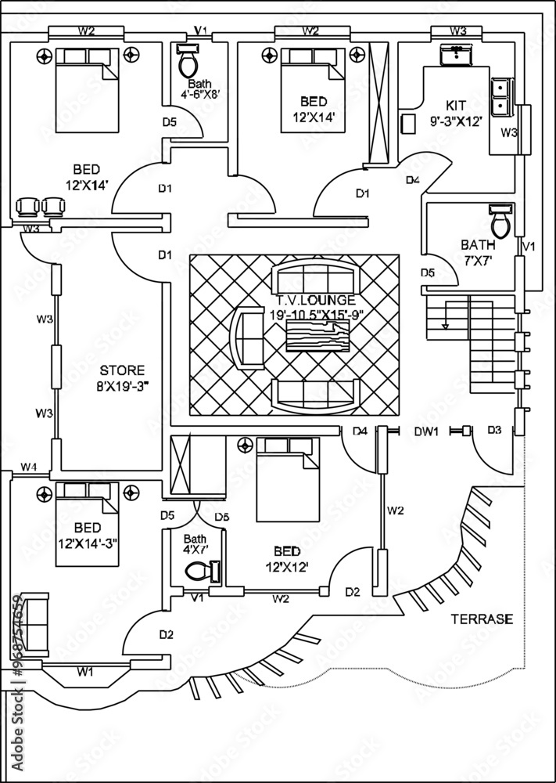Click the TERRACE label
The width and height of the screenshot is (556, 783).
point(482,619)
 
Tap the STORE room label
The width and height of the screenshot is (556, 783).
point(122,370)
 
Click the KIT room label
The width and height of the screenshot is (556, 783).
point(456,106)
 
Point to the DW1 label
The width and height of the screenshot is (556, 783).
point(426,431)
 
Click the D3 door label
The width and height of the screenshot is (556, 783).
point(494,430)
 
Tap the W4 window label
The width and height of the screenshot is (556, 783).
point(28,467)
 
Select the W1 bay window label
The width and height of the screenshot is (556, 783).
point(84,672)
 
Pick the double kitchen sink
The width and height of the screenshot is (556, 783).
point(501,97)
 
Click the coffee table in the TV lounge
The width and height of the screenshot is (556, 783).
point(317,336)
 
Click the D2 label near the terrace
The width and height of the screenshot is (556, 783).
point(353,592)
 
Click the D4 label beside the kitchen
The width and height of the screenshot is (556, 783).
point(412,180)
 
